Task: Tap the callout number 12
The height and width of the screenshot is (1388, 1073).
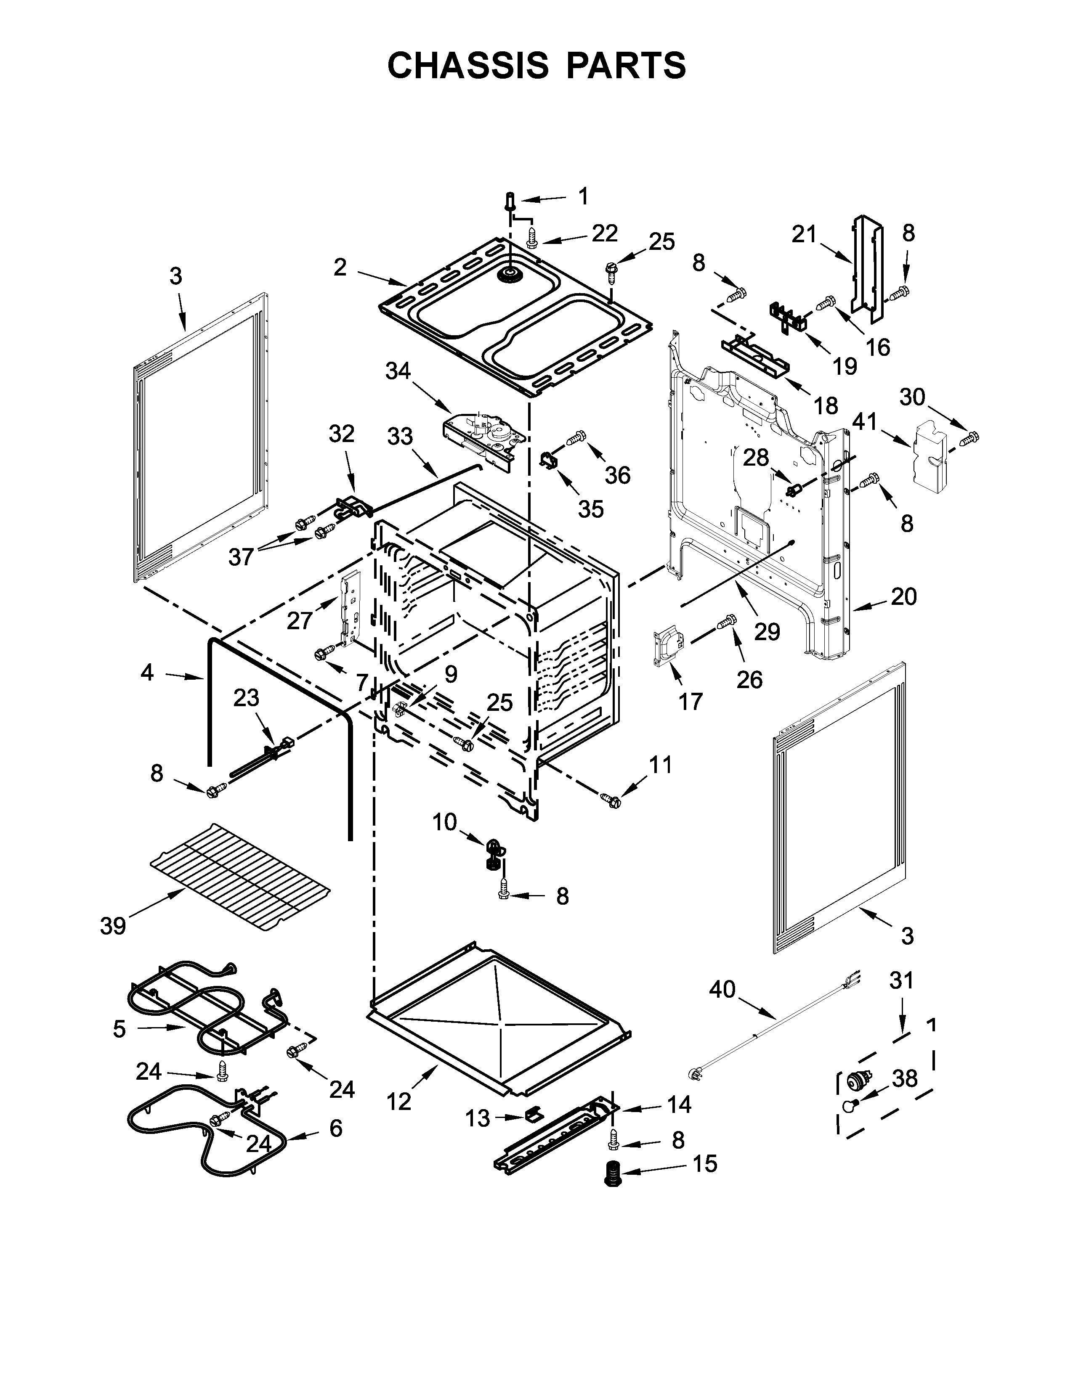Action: click(x=399, y=1102)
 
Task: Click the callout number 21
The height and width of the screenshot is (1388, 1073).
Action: click(x=804, y=235)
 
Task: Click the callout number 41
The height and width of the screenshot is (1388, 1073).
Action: click(x=865, y=421)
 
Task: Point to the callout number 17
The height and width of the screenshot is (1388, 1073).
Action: click(x=691, y=701)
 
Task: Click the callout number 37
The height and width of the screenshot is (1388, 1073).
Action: click(x=241, y=557)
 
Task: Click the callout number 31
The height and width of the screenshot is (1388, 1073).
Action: click(x=901, y=980)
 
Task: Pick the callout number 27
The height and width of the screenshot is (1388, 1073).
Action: click(x=300, y=620)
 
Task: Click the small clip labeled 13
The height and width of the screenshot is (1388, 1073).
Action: click(x=533, y=1113)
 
